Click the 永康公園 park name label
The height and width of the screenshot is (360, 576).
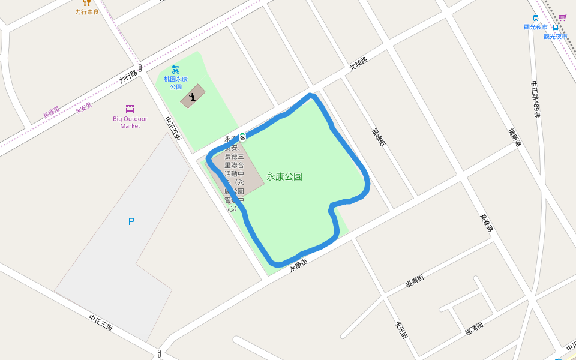(284, 177)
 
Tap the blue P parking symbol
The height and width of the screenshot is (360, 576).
(131, 221)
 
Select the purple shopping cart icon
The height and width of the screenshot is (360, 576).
(562, 17)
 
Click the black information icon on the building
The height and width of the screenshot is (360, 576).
(193, 97)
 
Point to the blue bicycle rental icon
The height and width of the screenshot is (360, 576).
(175, 70)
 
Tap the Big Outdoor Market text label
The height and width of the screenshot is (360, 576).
(130, 122)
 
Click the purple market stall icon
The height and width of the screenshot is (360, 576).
(130, 109)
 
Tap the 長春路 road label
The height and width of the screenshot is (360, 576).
(487, 223)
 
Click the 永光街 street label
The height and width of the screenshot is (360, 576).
(401, 329)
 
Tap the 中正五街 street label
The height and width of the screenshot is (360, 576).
(173, 128)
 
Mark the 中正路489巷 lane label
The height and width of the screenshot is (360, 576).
(536, 99)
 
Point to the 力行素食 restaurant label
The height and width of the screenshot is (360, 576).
(87, 12)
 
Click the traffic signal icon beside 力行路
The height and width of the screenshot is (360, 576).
(140, 68)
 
